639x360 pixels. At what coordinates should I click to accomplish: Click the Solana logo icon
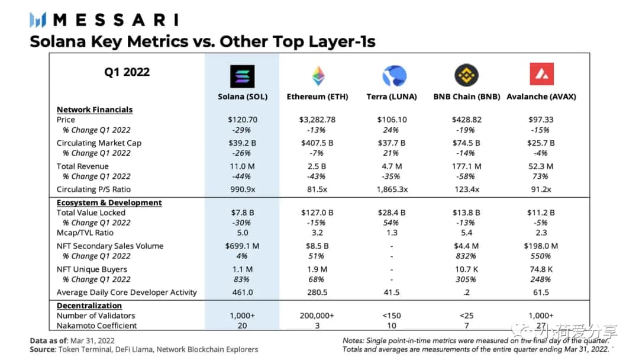[242, 76]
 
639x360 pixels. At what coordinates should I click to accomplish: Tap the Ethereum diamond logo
[318, 76]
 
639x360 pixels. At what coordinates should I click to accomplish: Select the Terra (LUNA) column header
[391, 97]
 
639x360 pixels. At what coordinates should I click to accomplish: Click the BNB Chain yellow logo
[466, 76]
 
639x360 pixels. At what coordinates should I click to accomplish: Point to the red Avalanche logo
[541, 75]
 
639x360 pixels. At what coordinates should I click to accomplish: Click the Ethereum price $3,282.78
[317, 120]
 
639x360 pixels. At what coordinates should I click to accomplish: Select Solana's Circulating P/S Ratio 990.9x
[242, 189]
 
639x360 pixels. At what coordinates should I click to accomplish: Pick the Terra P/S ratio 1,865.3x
[391, 189]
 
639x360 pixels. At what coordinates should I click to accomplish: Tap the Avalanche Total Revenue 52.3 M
[541, 166]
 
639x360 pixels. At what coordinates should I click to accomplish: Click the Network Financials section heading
[95, 110]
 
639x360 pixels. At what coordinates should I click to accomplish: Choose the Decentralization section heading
[89, 306]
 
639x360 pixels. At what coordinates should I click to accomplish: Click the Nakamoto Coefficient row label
[96, 326]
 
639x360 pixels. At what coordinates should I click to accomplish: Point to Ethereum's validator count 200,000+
[317, 316]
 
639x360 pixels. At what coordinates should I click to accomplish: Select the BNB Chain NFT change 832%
[466, 256]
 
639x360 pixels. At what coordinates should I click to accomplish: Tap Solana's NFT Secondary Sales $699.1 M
[242, 246]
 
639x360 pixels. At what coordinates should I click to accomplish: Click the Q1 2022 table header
[127, 72]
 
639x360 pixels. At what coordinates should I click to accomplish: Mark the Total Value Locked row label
[91, 213]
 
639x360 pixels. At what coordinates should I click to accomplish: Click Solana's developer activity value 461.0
[242, 292]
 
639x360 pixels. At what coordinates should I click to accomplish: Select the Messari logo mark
[38, 20]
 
